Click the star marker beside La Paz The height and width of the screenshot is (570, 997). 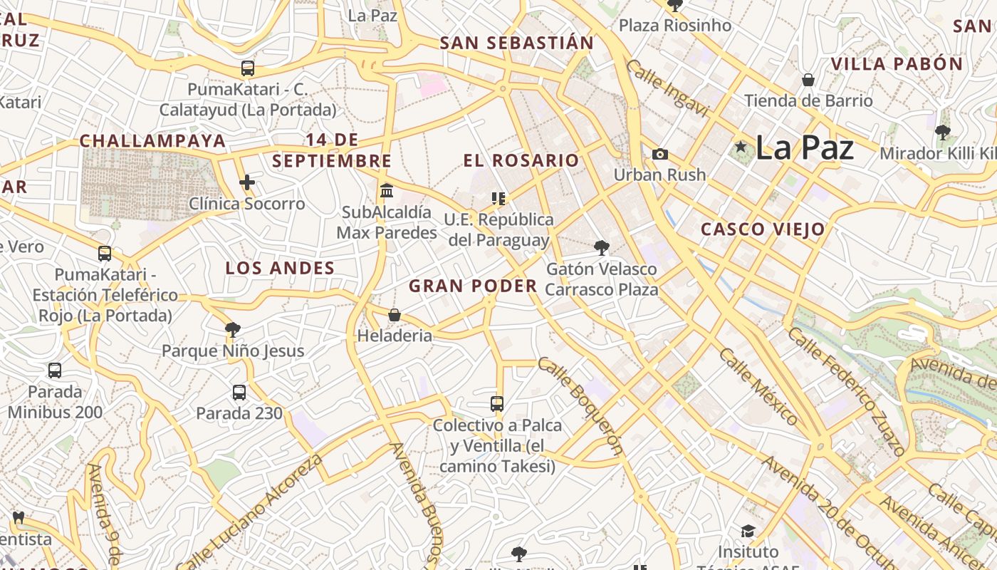point(741,147)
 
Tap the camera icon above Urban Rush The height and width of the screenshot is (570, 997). point(660,154)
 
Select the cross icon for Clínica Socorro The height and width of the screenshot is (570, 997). point(247,182)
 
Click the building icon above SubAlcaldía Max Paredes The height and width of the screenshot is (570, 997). point(387,190)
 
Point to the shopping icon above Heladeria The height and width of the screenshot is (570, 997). point(395,314)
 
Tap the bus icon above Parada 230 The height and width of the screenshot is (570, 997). point(239,392)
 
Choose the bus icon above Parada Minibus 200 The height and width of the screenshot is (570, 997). point(55,370)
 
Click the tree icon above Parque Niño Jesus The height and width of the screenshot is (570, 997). point(232,328)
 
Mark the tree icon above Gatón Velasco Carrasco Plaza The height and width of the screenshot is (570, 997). point(602,247)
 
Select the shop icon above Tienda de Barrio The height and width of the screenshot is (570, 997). point(808,79)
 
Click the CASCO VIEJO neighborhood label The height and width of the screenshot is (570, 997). point(763,229)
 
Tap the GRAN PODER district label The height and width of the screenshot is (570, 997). point(473,286)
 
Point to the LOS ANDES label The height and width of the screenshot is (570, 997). point(280,269)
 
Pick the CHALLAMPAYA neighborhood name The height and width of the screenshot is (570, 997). point(152,141)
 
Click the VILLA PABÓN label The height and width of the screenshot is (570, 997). point(897,64)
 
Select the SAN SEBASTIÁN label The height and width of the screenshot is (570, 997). point(516,43)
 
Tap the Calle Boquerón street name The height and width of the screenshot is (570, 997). point(580,405)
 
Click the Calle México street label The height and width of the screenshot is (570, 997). point(758,386)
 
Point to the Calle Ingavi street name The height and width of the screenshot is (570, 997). point(667,88)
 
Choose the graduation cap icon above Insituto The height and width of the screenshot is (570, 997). point(748,532)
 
